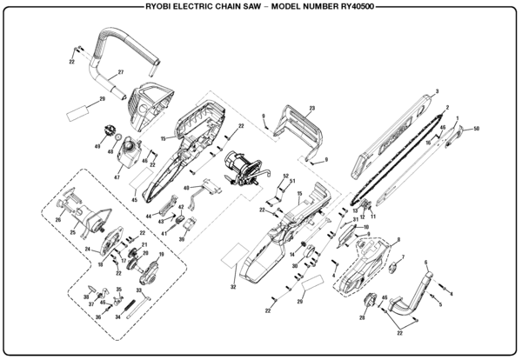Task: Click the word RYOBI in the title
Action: (x=165, y=7)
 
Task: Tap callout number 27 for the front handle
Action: (x=121, y=71)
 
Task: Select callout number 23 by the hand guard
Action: (x=310, y=108)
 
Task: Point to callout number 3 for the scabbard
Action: (x=436, y=91)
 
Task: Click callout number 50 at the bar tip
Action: (x=477, y=129)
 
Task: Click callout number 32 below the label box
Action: (x=233, y=286)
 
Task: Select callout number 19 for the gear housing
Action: (x=160, y=254)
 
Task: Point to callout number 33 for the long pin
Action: (x=139, y=290)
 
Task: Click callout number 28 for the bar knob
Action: (x=361, y=318)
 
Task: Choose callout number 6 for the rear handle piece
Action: (x=425, y=262)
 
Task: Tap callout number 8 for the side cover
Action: (x=398, y=239)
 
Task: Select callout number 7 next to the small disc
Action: (x=403, y=257)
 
